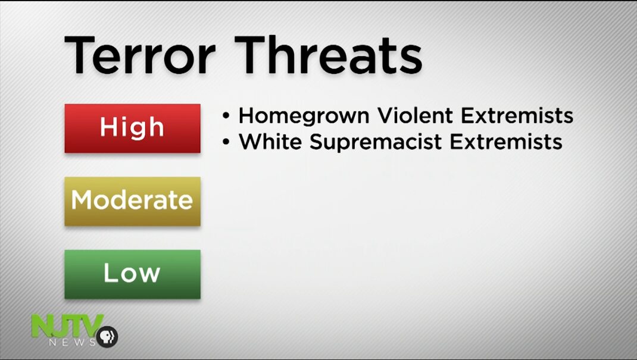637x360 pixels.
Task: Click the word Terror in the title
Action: tap(140, 55)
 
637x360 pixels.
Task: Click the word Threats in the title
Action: tap(329, 55)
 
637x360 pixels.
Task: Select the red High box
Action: tap(132, 129)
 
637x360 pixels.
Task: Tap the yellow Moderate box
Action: tap(132, 201)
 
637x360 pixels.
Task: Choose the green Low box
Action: tap(132, 274)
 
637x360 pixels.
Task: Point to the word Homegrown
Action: tap(304, 116)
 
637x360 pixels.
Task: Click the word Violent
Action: tap(415, 115)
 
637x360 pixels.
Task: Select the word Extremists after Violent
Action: tap(517, 115)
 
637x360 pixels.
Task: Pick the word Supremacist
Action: tap(376, 142)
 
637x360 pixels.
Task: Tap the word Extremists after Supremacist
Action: tap(506, 142)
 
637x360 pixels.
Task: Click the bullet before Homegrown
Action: tap(226, 116)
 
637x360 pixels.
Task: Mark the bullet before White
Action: tap(226, 142)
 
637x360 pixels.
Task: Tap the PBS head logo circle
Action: tap(107, 336)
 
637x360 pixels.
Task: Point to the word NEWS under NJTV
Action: tap(72, 342)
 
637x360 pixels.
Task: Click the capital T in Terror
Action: tap(80, 55)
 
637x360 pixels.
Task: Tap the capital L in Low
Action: tap(110, 273)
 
